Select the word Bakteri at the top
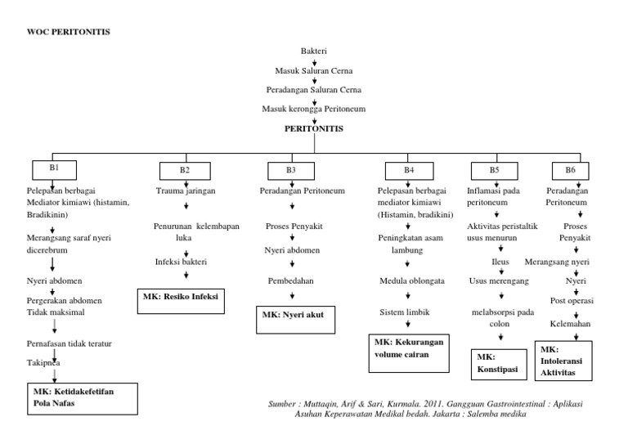point(313,51)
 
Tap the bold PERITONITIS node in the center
point(313,128)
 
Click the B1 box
point(54,168)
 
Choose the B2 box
point(185,170)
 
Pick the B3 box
point(291,170)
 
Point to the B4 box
point(409,170)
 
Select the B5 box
point(494,170)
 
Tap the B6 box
point(570,170)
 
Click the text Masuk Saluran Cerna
point(313,70)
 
